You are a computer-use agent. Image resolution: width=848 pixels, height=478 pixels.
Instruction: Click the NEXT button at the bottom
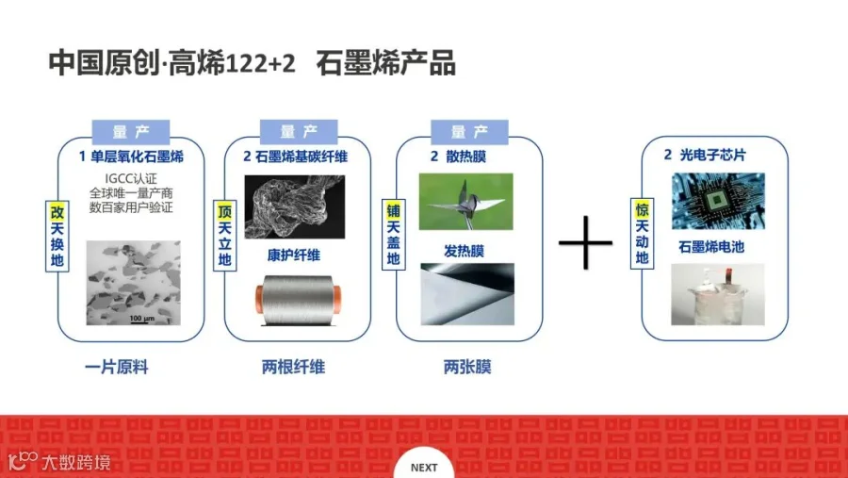(424, 467)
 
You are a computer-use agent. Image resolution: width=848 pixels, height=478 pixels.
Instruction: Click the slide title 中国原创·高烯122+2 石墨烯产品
(253, 63)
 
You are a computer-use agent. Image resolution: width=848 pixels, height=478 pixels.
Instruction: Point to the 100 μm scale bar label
(142, 318)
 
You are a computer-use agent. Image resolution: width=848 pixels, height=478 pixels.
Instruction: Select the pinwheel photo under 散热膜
(466, 201)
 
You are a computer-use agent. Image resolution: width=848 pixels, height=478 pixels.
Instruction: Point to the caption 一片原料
(117, 368)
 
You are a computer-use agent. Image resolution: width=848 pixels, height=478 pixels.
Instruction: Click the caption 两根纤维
(293, 368)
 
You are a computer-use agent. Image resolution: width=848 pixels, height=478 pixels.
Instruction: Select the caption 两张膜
(466, 368)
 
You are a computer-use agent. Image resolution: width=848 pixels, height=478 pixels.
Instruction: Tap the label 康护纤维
(293, 255)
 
